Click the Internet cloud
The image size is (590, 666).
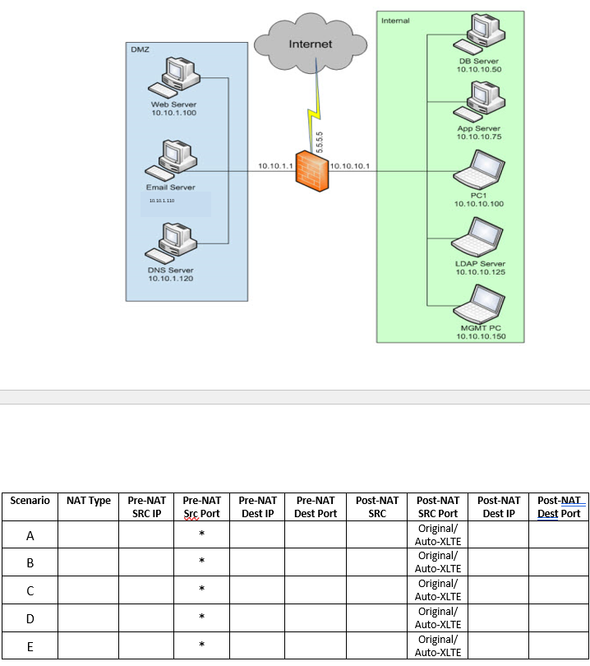pos(310,42)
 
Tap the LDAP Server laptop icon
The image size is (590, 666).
pos(479,239)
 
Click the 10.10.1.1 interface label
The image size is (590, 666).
pos(274,166)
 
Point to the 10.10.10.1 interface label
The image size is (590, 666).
pos(350,166)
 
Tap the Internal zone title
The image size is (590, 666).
pos(395,20)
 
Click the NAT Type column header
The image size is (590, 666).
pos(88,500)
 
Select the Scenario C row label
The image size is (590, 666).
pos(30,590)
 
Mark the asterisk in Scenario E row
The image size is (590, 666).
pos(201,645)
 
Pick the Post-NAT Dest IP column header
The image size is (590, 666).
pos(498,506)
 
